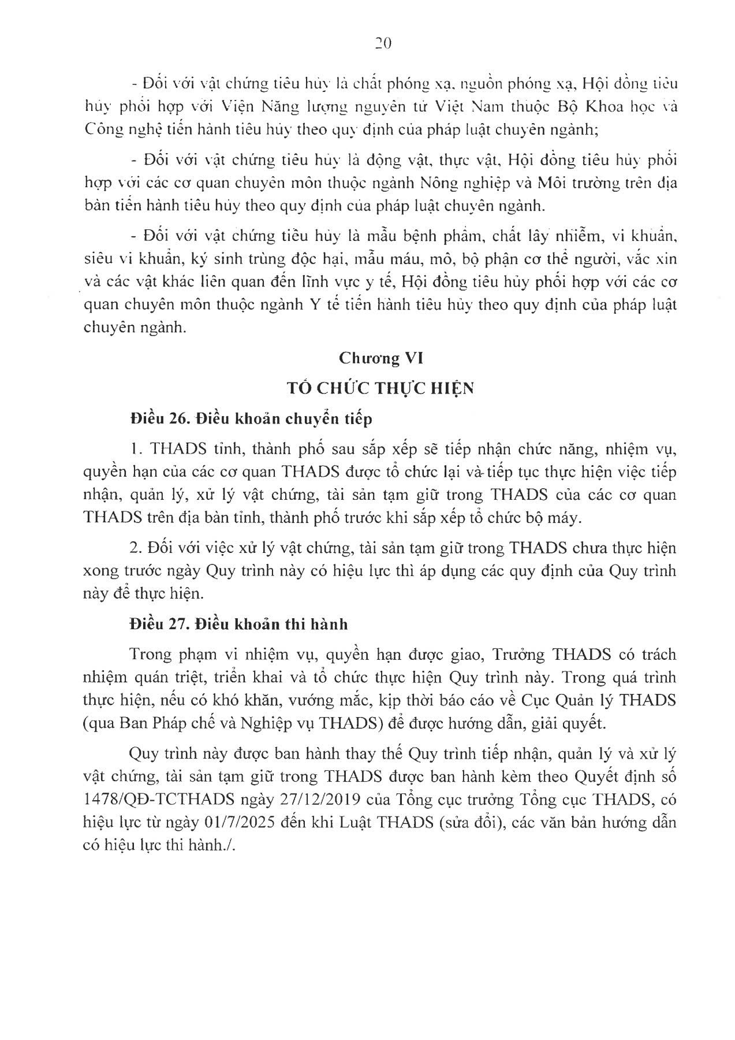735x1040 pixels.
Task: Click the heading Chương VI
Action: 381,358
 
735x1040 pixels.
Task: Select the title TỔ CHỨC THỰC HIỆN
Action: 381,388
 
